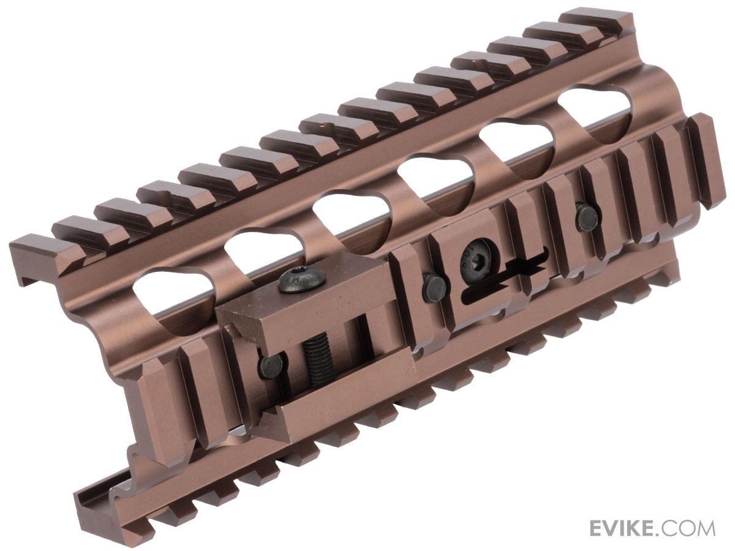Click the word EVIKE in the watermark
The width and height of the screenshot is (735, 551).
point(630,528)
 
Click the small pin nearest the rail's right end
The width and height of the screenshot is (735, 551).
point(586,217)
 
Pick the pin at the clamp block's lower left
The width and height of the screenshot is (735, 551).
point(271,365)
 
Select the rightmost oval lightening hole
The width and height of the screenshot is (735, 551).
point(593,110)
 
